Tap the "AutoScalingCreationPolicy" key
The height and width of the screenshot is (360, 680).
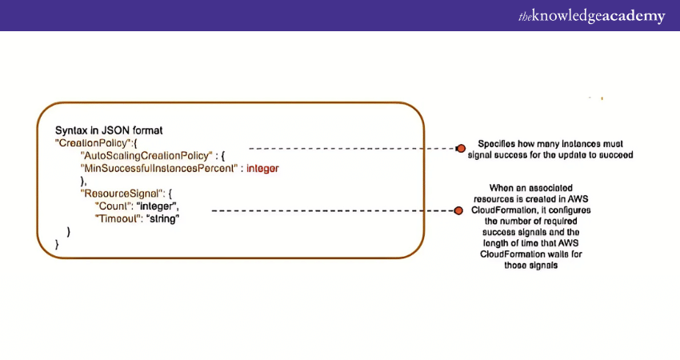146,154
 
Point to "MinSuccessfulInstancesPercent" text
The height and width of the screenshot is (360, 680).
160,168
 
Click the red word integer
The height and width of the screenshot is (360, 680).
262,168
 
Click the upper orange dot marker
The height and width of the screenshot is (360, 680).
460,149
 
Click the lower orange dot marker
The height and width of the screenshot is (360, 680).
458,210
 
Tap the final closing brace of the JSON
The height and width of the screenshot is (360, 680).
57,244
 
